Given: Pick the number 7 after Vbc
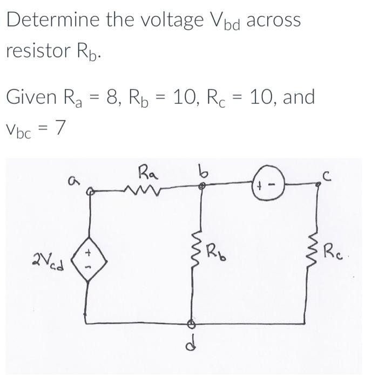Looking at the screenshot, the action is (x=60, y=129).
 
